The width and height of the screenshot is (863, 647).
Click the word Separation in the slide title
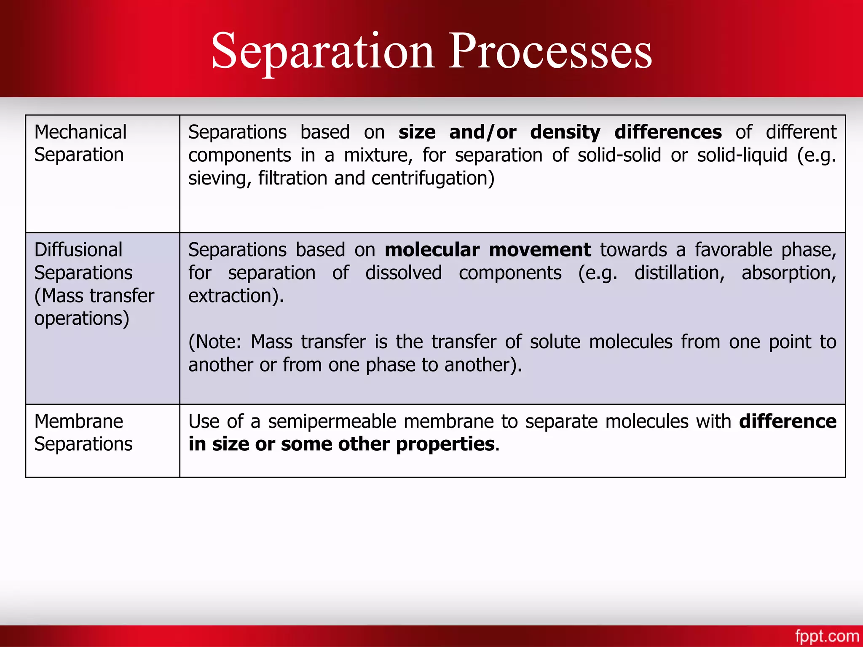323,52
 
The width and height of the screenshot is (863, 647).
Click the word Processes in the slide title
550,52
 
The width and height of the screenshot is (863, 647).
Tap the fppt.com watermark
827,636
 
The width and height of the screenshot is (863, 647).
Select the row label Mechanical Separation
80,144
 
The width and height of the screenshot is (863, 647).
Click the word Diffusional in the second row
78,250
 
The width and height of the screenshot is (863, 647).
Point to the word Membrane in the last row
79,421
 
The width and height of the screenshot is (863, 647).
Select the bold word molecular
432,250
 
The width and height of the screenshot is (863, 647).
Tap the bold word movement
540,250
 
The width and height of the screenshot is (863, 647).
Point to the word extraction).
236,296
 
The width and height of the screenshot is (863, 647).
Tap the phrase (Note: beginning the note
214,342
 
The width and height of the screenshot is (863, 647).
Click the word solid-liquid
742,155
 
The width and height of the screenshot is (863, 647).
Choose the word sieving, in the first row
220,179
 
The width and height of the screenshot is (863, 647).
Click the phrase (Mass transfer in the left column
94,296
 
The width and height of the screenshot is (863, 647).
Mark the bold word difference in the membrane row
788,421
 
